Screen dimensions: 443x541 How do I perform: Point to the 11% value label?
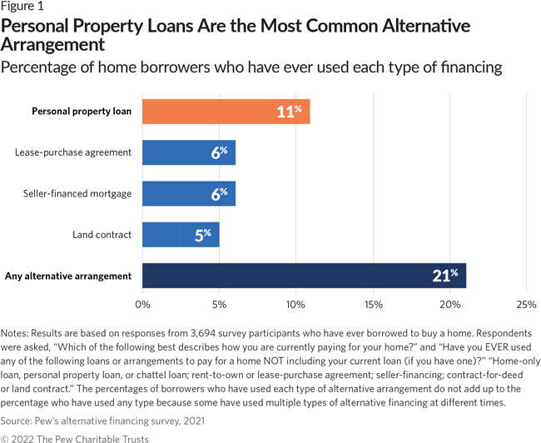pyautogui.click(x=289, y=111)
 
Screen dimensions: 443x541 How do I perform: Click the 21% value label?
pyautogui.click(x=446, y=276)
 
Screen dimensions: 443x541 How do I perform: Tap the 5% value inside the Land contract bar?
pyautogui.click(x=203, y=235)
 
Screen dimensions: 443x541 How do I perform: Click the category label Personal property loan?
pyautogui.click(x=82, y=111)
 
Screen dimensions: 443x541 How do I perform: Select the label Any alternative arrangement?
pyautogui.click(x=68, y=276)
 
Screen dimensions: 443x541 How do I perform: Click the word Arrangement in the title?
pyautogui.click(x=54, y=43)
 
